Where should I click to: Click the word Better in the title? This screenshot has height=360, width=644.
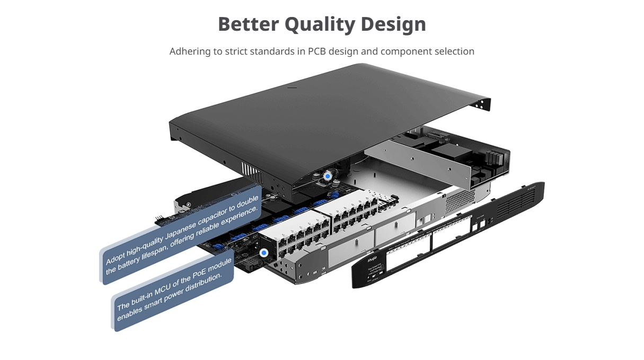click(x=248, y=24)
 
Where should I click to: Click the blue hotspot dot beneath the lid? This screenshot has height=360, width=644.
click(x=328, y=175)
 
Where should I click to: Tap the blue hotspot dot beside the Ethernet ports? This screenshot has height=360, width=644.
click(x=263, y=253)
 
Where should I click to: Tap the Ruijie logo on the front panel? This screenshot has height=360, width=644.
click(x=370, y=261)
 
